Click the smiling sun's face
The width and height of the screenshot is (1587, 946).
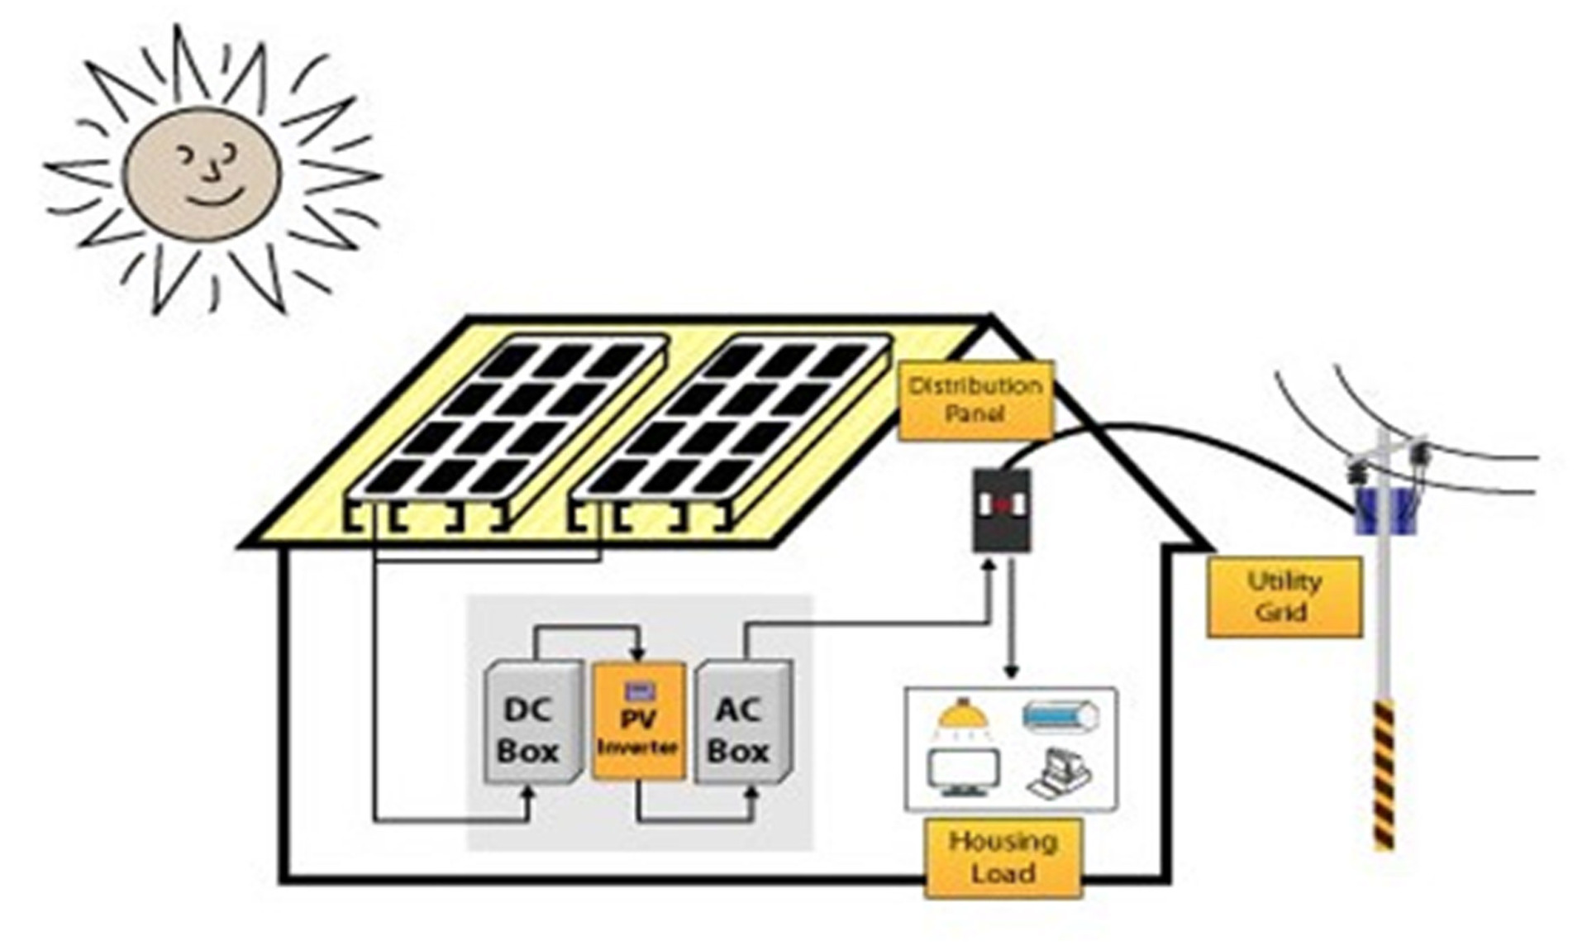point(203,174)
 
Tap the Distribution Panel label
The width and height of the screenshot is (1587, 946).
point(975,400)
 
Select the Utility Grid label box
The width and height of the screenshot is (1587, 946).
point(1284,596)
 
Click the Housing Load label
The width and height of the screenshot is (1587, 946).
point(1003,858)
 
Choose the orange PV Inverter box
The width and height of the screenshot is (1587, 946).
point(639,721)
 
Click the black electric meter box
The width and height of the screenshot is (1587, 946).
point(1001,509)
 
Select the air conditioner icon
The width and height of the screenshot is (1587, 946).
point(1060,715)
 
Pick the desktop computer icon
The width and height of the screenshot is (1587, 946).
point(1061,773)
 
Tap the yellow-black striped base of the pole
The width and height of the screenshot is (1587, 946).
point(1384,773)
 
